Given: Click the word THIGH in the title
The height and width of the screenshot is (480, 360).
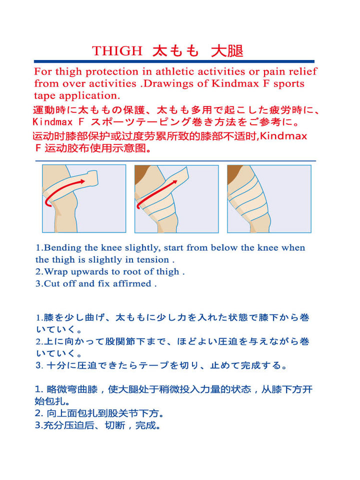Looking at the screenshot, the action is click(x=117, y=51).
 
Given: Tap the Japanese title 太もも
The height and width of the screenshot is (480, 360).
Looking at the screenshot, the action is click(x=175, y=51).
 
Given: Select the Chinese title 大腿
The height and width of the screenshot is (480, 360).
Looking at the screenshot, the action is click(x=227, y=51).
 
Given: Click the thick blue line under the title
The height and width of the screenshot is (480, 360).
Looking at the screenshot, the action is click(x=174, y=61).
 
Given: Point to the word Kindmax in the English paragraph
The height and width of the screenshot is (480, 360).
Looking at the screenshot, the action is click(x=235, y=83).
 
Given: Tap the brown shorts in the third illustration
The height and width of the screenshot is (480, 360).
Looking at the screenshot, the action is click(x=234, y=173).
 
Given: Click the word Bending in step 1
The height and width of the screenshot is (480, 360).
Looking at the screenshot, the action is click(x=63, y=248).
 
